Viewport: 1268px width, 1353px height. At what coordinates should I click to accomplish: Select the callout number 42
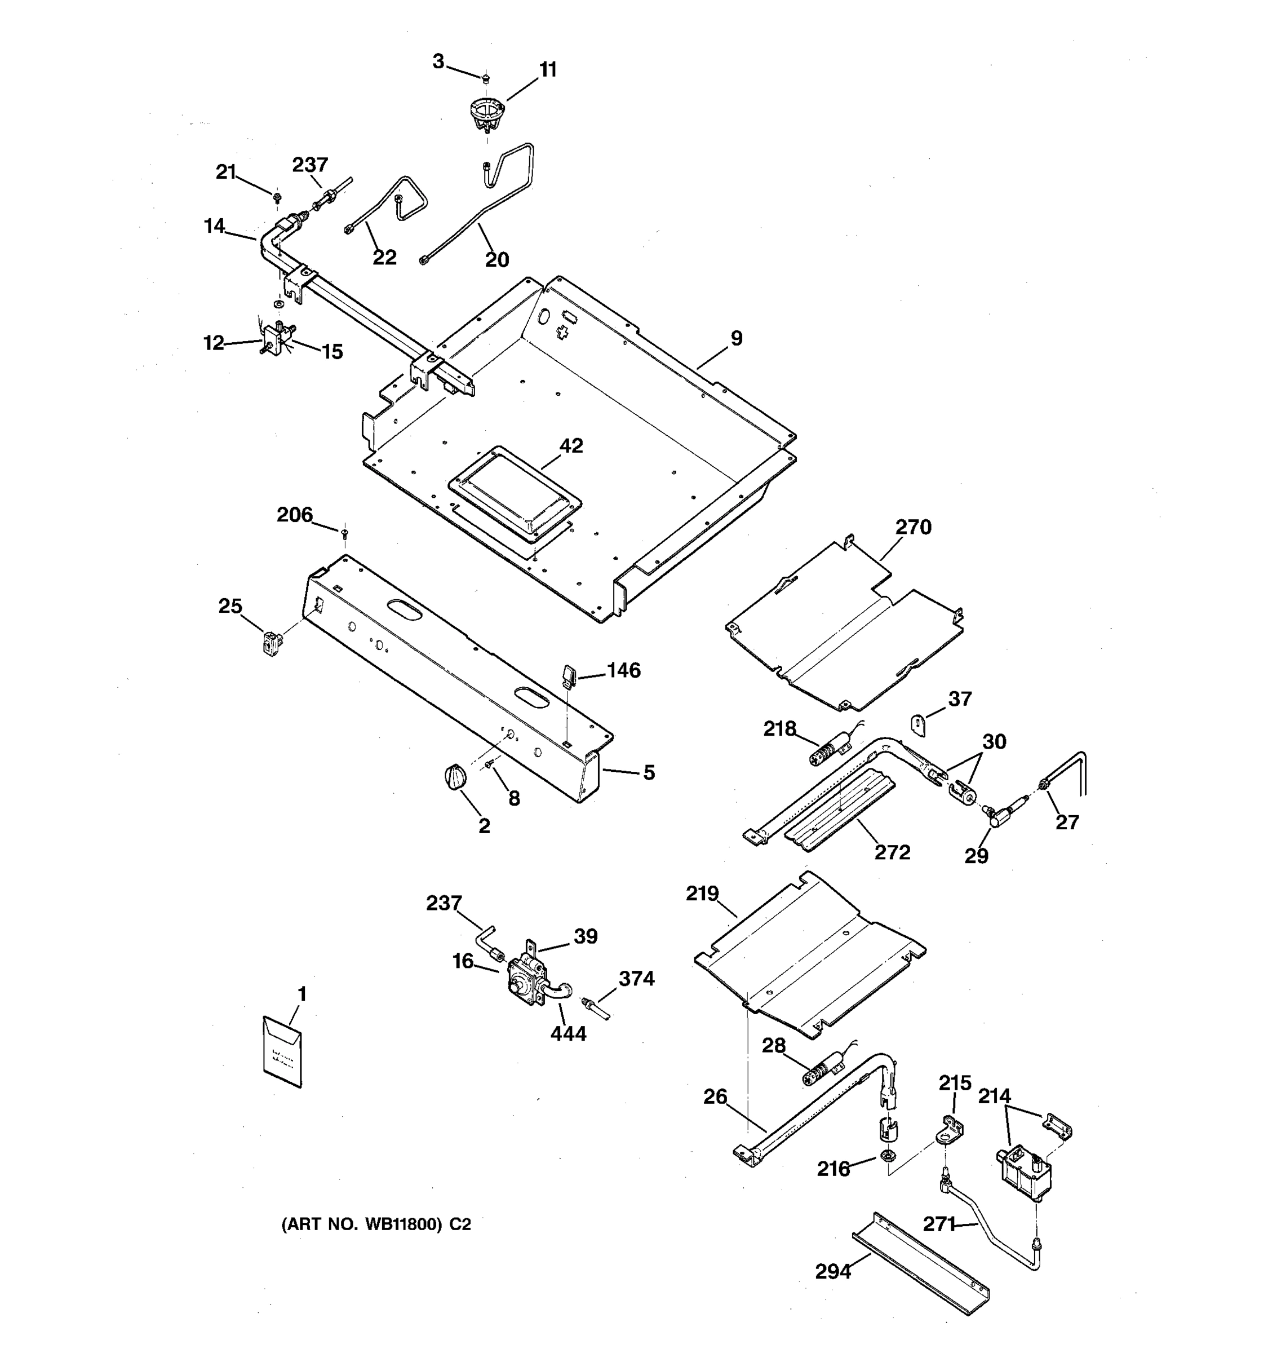pos(571,446)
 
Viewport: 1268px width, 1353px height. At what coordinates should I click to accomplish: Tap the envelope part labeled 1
pos(282,1051)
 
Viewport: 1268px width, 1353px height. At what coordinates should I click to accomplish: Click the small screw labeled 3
pos(486,79)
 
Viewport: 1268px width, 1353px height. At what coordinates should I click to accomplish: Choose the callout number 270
pos(913,527)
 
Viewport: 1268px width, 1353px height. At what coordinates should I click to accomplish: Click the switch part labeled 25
pos(272,643)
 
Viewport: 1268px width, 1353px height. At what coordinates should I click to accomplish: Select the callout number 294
pos(832,1271)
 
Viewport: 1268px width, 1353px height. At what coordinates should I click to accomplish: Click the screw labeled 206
pos(344,531)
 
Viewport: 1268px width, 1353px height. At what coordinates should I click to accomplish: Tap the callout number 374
pos(636,979)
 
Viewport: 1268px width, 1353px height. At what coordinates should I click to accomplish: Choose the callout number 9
pos(737,338)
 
